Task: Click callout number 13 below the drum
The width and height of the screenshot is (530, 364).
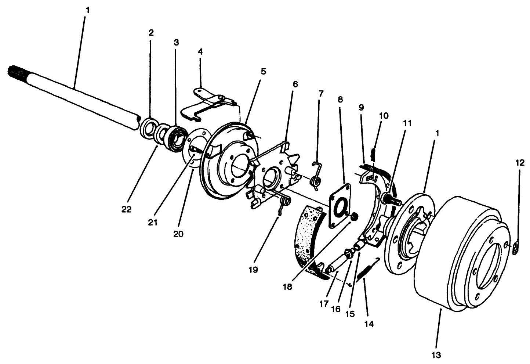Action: pos(436,355)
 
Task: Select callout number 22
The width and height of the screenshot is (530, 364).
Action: pos(126,209)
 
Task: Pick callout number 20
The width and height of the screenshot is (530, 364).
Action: pos(178,234)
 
